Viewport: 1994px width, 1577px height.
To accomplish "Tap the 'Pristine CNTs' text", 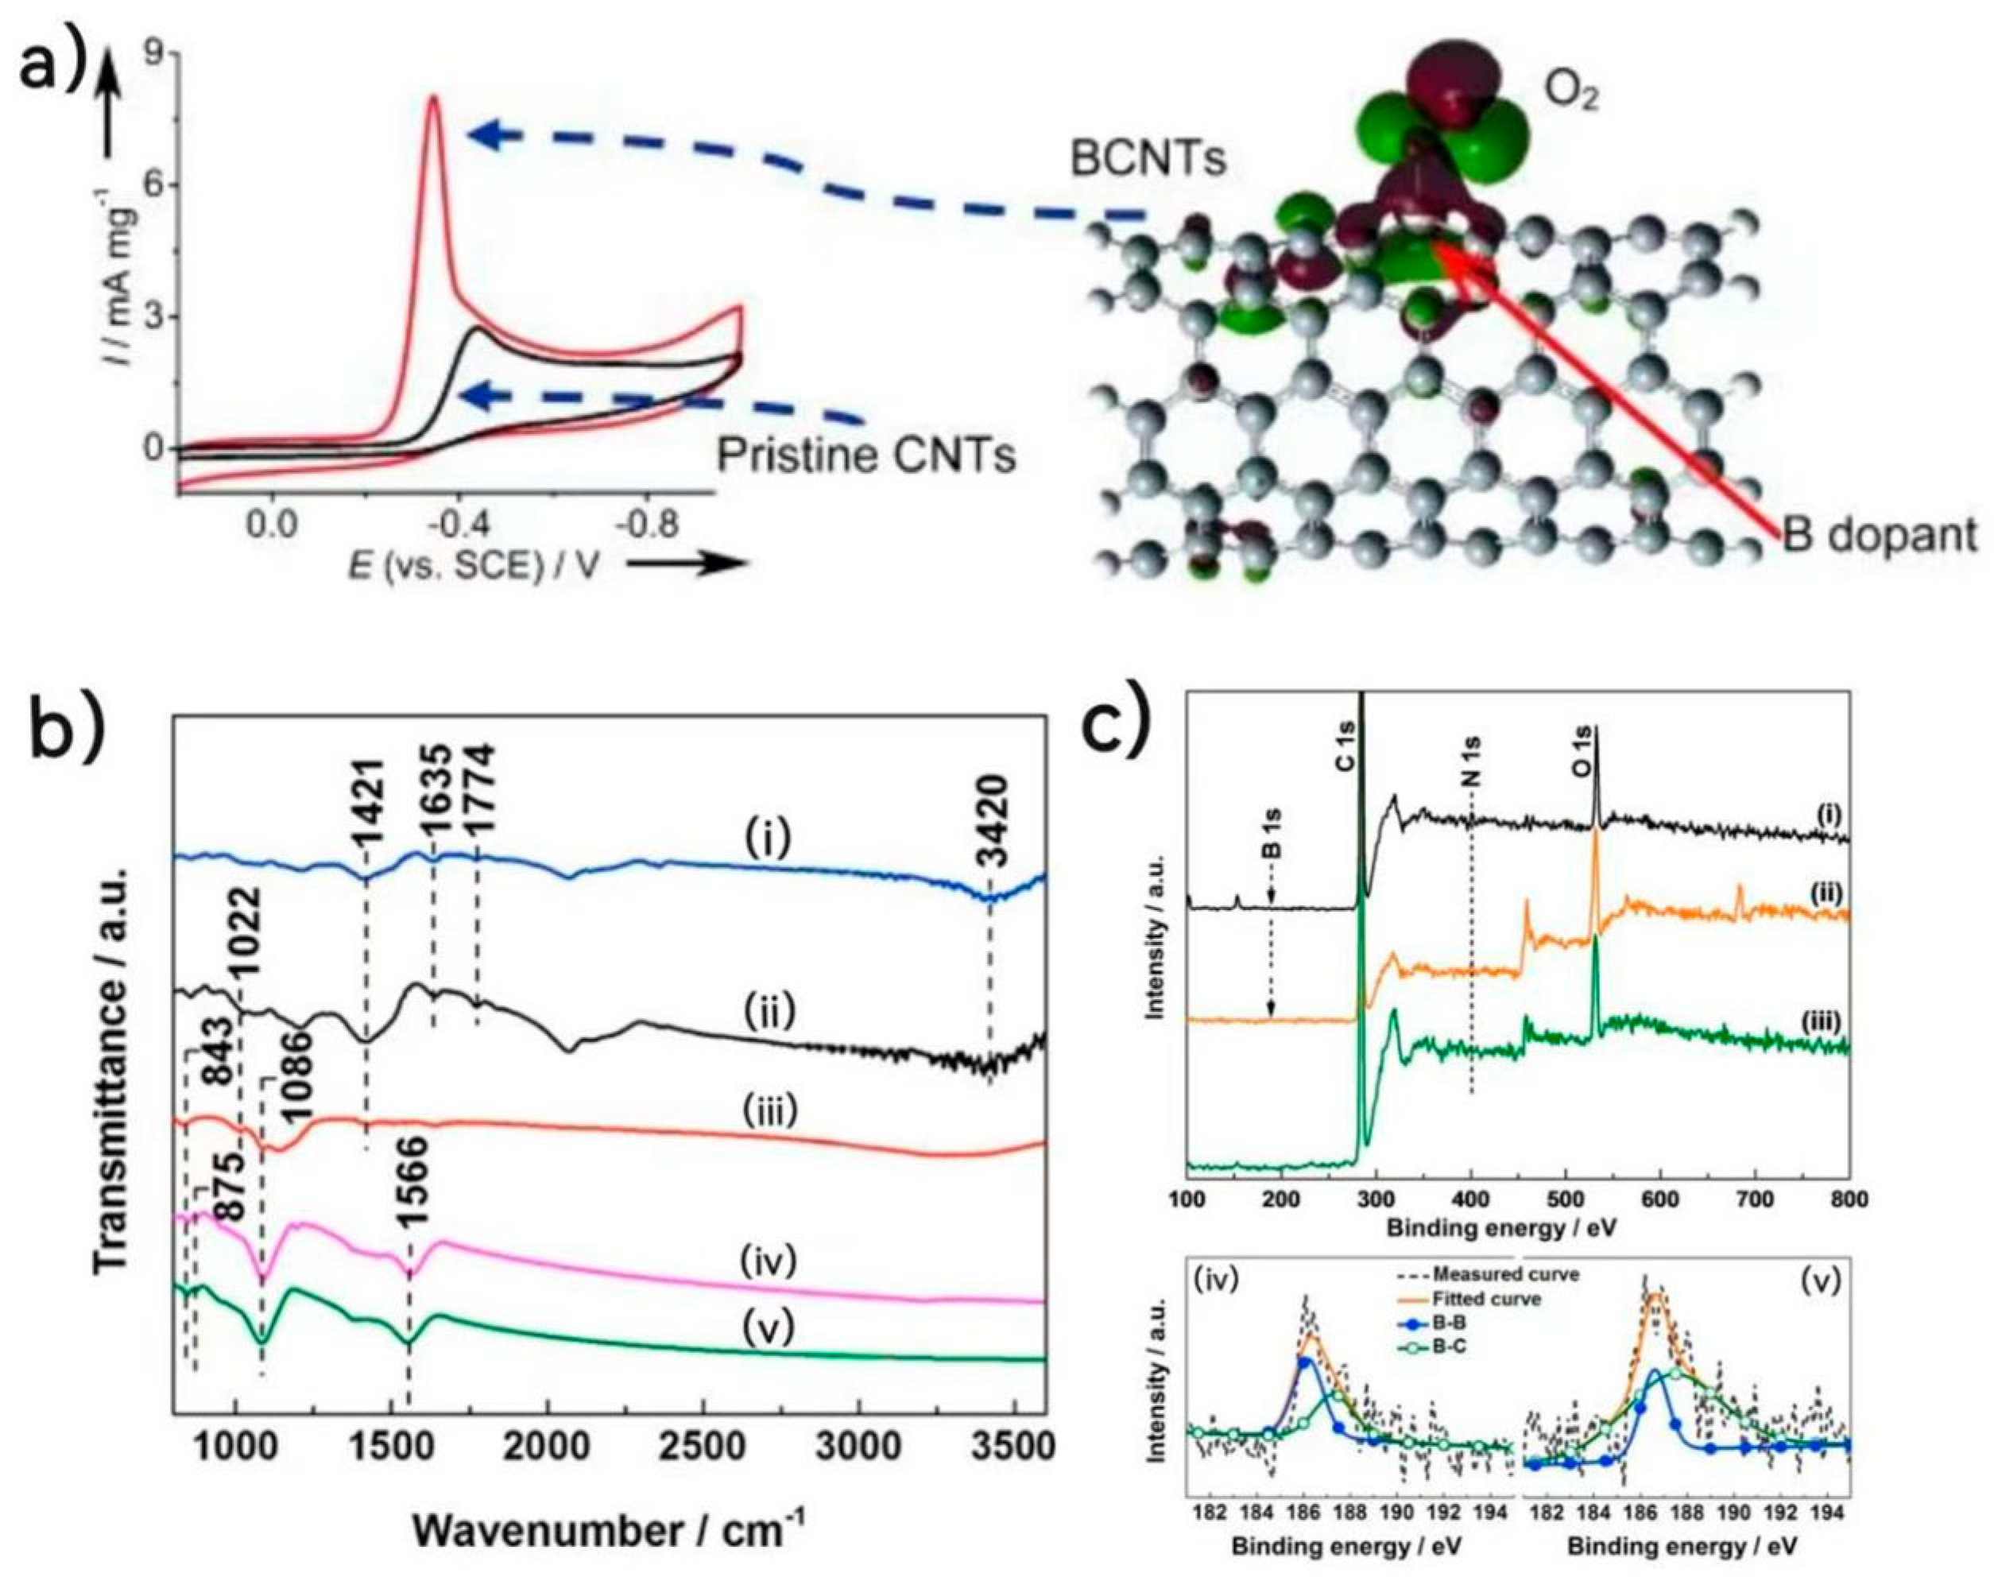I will (867, 455).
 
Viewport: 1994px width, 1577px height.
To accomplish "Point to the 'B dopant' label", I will (1879, 536).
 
